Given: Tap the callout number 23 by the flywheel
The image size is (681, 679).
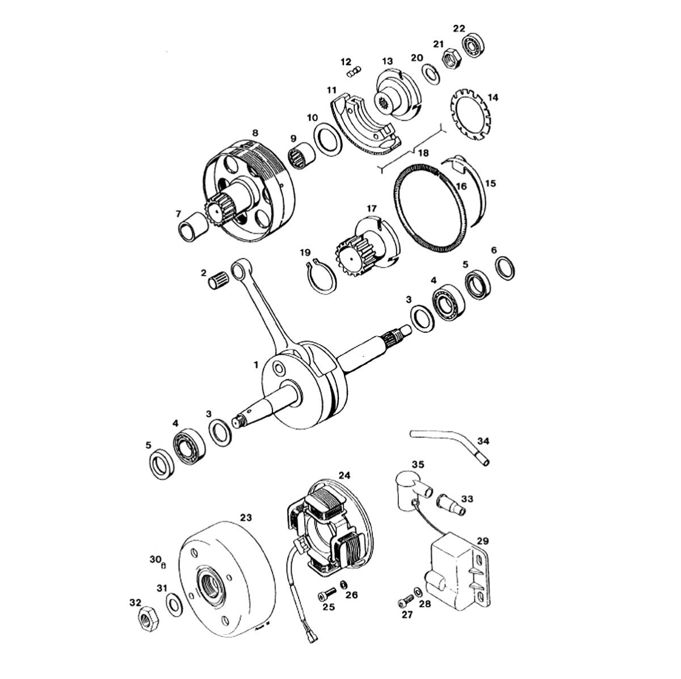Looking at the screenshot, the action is (x=246, y=517).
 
